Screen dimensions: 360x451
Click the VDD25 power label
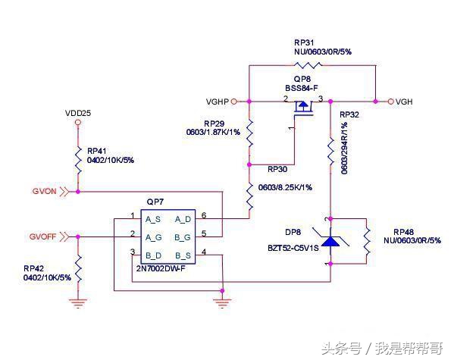(x=78, y=113)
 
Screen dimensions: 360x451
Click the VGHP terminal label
(x=217, y=101)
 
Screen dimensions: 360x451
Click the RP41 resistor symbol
(x=78, y=161)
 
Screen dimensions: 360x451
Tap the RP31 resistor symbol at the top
(x=312, y=66)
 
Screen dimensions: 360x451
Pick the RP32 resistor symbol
(x=330, y=152)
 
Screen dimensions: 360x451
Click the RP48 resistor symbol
(x=367, y=241)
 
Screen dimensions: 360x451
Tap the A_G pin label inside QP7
(x=153, y=236)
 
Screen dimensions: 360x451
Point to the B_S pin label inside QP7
(x=183, y=253)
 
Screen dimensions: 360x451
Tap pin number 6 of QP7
(x=203, y=215)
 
